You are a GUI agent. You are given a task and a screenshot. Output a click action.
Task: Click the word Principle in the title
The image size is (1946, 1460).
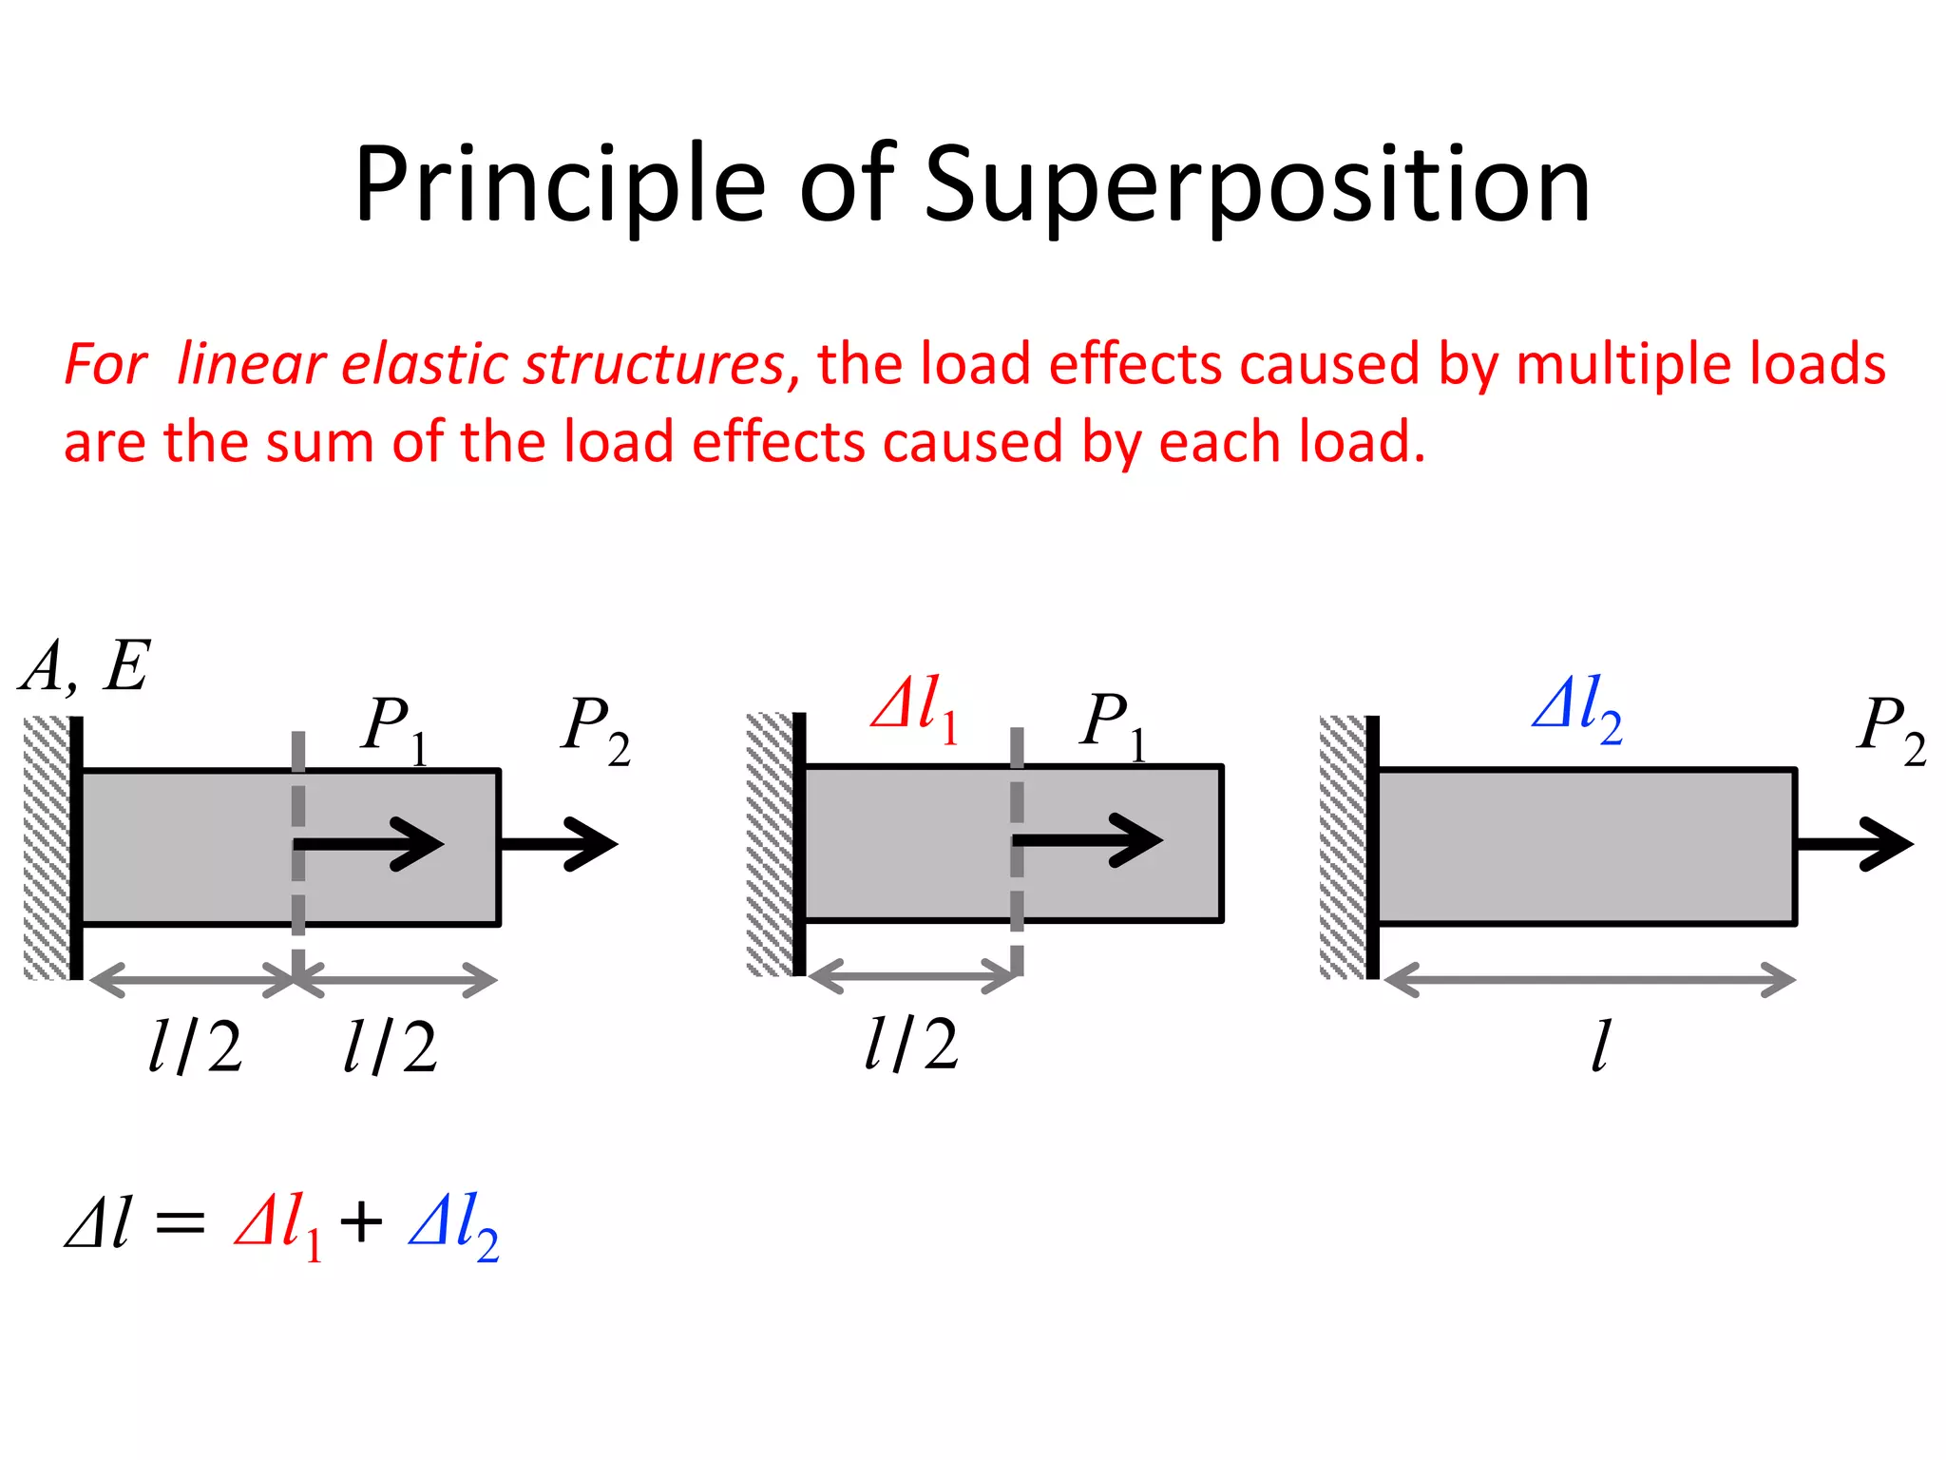(560, 185)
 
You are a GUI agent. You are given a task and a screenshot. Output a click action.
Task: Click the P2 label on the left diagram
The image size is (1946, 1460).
(595, 729)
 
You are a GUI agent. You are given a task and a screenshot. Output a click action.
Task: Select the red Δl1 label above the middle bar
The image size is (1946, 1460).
(914, 708)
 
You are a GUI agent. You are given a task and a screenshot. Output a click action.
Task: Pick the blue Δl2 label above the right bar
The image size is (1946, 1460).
(1577, 708)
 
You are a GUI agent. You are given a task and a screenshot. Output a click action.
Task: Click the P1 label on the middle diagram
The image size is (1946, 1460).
(1113, 724)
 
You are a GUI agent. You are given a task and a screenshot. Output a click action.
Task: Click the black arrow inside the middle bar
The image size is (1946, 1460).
(1088, 840)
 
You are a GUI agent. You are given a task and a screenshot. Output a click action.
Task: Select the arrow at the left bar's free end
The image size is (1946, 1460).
(561, 843)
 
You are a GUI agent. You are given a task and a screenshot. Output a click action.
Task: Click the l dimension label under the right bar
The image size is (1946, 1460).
(1600, 1047)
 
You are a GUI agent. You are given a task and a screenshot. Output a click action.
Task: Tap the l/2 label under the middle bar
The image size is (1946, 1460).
(911, 1044)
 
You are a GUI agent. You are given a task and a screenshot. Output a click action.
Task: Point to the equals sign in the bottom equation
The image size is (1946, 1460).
(180, 1224)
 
